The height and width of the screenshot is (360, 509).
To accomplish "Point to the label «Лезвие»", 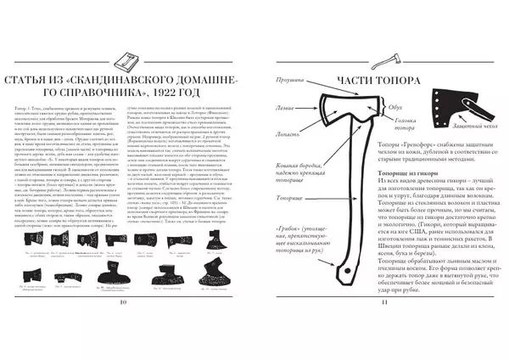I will (x=286, y=108).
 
